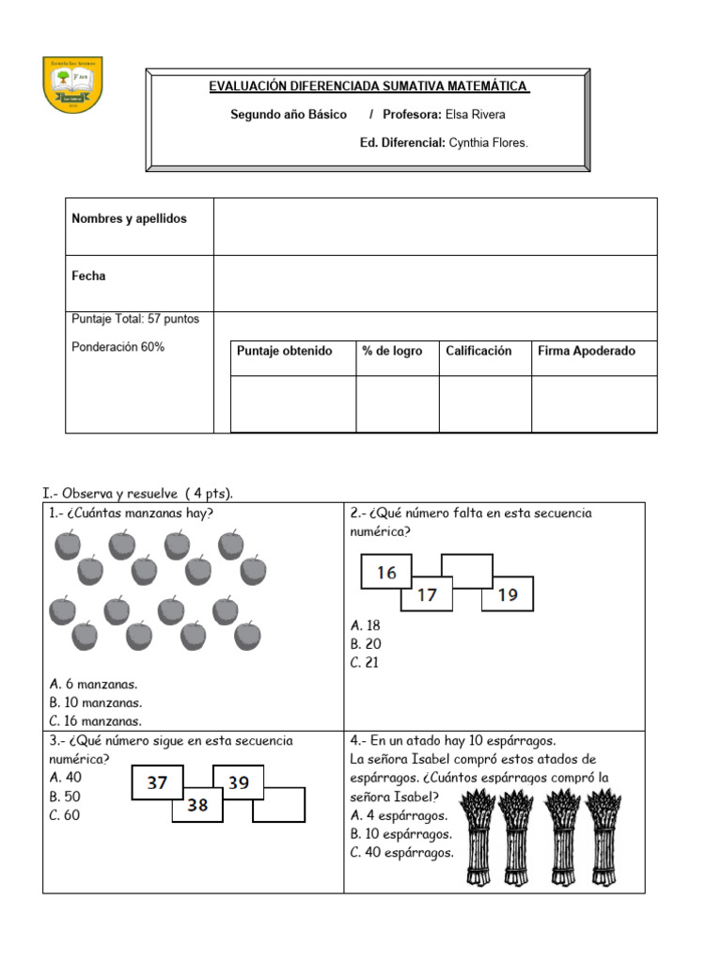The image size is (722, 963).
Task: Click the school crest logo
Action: (x=73, y=85)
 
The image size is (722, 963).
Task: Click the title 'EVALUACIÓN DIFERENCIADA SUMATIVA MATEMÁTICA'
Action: (x=368, y=87)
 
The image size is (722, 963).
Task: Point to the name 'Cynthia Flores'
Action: (x=488, y=143)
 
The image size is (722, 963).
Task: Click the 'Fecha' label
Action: (x=88, y=276)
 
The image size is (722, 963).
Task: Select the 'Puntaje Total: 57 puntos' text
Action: (x=135, y=319)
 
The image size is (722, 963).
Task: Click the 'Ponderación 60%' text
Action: (x=118, y=347)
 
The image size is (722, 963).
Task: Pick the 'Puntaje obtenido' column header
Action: (x=284, y=351)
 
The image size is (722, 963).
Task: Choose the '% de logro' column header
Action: (x=392, y=351)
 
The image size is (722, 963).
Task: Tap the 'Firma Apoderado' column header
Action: (x=586, y=351)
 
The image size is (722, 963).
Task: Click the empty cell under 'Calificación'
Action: (x=484, y=403)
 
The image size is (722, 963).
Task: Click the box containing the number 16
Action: (x=386, y=573)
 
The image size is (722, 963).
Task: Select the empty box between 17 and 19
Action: (x=466, y=571)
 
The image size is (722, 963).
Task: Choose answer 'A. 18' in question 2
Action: (x=365, y=625)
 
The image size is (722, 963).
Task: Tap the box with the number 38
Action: (x=196, y=805)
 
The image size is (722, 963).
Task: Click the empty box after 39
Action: (x=279, y=805)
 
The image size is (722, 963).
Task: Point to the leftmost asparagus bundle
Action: (x=479, y=837)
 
